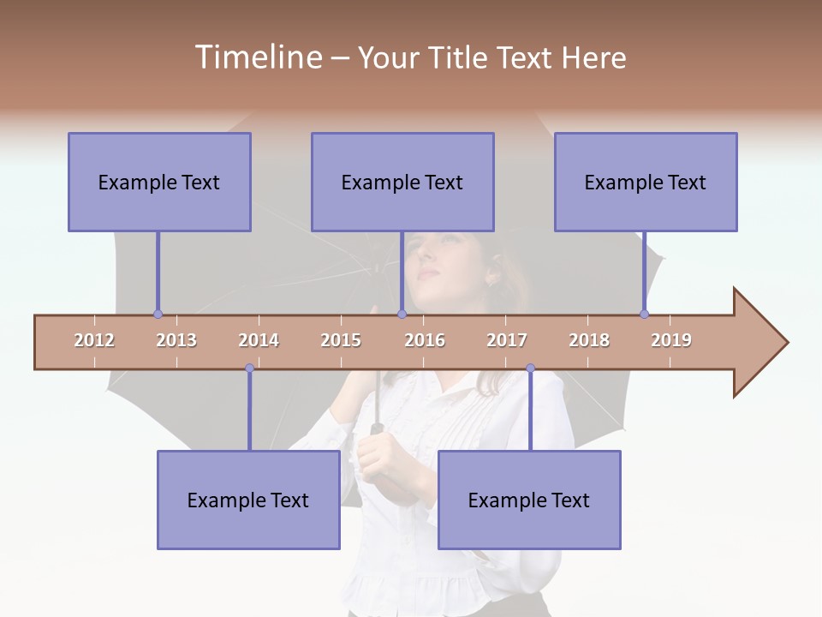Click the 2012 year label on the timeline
click(x=94, y=340)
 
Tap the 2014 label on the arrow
click(x=259, y=340)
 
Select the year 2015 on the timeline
click(x=341, y=340)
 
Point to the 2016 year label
click(x=425, y=340)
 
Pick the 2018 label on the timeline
click(x=589, y=340)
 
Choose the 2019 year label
click(x=671, y=340)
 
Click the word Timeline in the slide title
click(x=257, y=57)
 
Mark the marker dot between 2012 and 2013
click(x=158, y=314)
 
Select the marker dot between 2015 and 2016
click(x=402, y=314)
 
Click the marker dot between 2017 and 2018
click(x=530, y=368)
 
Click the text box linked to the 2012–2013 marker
click(x=159, y=182)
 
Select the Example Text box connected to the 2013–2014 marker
click(x=248, y=500)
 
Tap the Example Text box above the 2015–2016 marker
click(x=402, y=182)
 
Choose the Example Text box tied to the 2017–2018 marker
click(x=529, y=500)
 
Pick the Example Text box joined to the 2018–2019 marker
click(x=646, y=182)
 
